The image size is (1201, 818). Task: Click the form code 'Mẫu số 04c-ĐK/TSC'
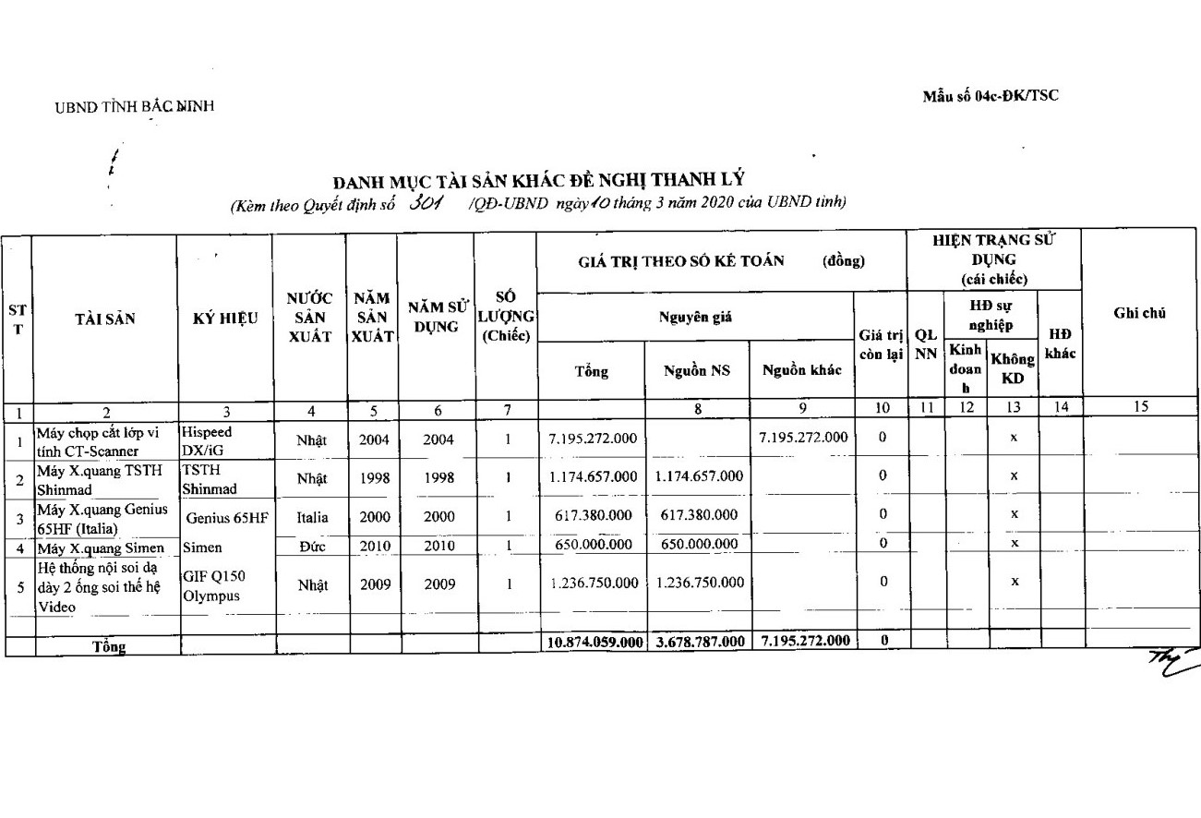point(991,96)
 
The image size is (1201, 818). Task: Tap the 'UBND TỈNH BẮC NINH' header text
point(134,106)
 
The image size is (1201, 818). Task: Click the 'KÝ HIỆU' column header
point(225,319)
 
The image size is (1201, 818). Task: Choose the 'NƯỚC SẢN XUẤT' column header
point(310,319)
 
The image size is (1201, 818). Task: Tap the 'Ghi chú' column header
point(1139,313)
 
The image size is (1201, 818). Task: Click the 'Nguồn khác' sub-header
point(801,370)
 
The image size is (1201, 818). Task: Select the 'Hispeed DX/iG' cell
point(207,440)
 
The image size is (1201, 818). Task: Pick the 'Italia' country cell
point(312,517)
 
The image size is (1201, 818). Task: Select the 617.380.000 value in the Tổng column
point(592,514)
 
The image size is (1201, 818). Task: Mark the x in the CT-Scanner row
point(1014,439)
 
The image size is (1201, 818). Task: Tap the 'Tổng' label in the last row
point(108,646)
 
